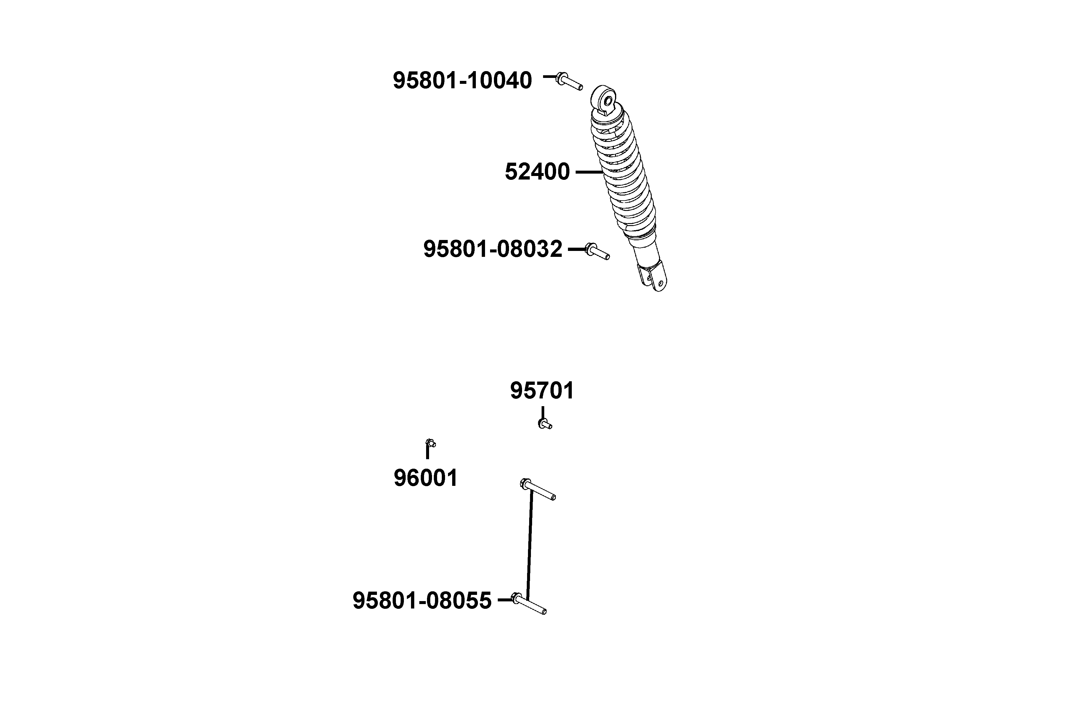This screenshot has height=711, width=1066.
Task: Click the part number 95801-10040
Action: (462, 81)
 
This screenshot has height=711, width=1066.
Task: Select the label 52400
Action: (537, 172)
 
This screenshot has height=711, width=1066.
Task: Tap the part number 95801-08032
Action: (493, 249)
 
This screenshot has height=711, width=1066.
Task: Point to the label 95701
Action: (542, 390)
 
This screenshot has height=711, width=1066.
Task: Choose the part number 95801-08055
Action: (422, 600)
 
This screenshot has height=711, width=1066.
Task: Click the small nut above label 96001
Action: (431, 443)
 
